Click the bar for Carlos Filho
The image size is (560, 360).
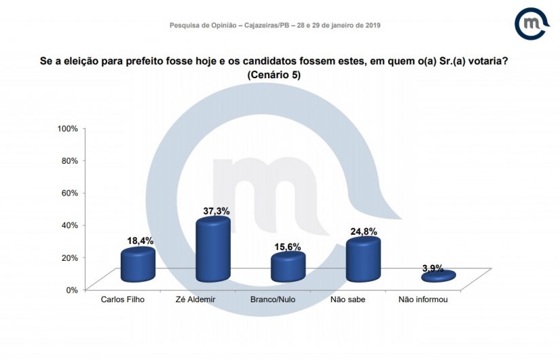pyautogui.click(x=138, y=266)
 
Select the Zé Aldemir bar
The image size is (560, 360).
pyautogui.click(x=213, y=251)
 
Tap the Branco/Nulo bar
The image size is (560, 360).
pyautogui.click(x=288, y=268)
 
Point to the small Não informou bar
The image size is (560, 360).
pyautogui.click(x=438, y=276)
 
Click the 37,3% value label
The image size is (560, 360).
pyautogui.click(x=218, y=211)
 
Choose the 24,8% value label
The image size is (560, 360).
pyautogui.click(x=364, y=231)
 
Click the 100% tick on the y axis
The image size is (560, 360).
pyautogui.click(x=68, y=128)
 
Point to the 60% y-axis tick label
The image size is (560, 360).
pyautogui.click(x=70, y=193)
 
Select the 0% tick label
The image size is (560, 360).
pyautogui.click(x=73, y=289)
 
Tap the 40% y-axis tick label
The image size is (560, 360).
pyautogui.click(x=70, y=225)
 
